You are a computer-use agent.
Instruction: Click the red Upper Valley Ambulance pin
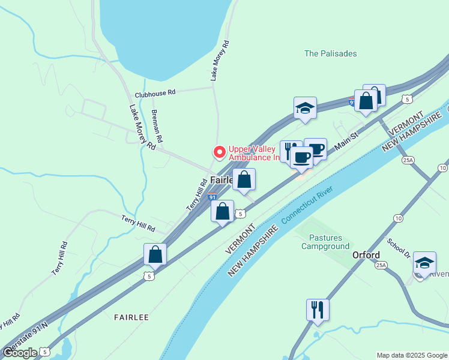pyautogui.click(x=220, y=152)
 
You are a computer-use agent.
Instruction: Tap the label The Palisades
pyautogui.click(x=330, y=53)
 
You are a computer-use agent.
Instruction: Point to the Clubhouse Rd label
pyautogui.click(x=155, y=93)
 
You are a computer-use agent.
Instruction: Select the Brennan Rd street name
pyautogui.click(x=157, y=130)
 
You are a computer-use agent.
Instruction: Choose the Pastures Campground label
pyautogui.click(x=325, y=242)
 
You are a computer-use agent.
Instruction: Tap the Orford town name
pyautogui.click(x=366, y=255)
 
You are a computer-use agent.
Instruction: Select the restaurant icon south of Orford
pyautogui.click(x=318, y=310)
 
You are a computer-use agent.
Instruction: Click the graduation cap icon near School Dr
pyautogui.click(x=424, y=263)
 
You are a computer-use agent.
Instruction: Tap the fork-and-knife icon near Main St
pyautogui.click(x=291, y=151)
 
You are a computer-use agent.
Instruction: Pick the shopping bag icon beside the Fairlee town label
pyautogui.click(x=244, y=179)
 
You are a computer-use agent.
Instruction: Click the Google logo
pyautogui.click(x=19, y=352)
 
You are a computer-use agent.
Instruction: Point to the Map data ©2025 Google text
pyautogui.click(x=412, y=355)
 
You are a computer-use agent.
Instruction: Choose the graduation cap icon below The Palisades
pyautogui.click(x=305, y=109)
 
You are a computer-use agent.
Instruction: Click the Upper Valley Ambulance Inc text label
pyautogui.click(x=255, y=153)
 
